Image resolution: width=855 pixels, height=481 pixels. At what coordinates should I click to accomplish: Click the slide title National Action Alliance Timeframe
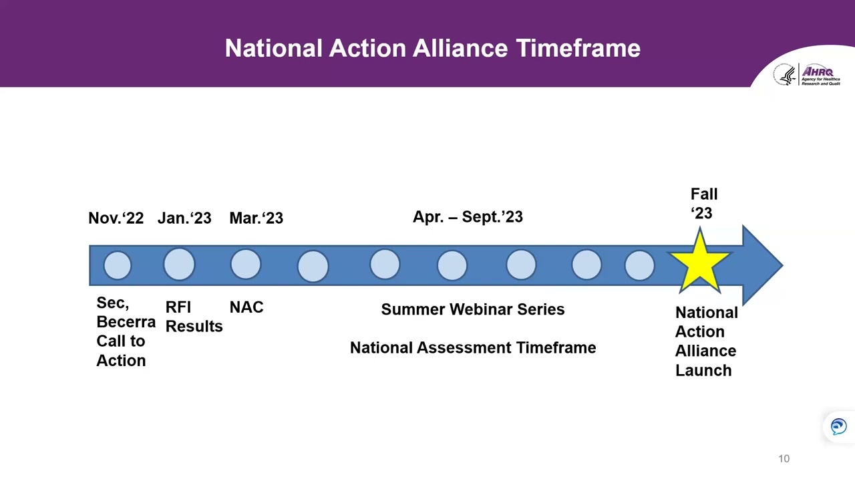pos(432,48)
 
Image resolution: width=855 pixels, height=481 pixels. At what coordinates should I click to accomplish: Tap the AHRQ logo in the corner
pos(807,75)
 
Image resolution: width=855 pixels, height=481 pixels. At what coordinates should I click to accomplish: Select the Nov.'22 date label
pos(116,218)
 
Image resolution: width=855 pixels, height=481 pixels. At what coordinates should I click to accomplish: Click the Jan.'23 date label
pos(184,218)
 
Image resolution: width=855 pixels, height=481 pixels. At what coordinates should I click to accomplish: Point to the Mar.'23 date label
pos(256,218)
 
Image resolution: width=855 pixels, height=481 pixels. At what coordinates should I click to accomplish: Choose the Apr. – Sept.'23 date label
pos(468,217)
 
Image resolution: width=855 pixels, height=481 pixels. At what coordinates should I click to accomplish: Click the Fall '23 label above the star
pos(703,204)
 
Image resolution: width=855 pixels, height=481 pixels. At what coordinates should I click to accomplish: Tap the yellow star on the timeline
pos(699,263)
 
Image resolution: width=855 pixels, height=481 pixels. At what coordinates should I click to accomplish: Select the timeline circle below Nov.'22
pos(118,265)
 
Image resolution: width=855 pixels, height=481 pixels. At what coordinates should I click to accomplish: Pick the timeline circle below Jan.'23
pos(179,265)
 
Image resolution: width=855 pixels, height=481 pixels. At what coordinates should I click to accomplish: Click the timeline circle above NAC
pos(246,265)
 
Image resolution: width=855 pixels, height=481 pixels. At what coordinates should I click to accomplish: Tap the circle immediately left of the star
pos(639,265)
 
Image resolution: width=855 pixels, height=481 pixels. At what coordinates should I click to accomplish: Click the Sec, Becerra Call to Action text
pos(124,331)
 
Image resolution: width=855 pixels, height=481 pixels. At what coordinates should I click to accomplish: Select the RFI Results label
pos(193,317)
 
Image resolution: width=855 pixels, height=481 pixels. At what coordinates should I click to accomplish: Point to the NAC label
pos(246,307)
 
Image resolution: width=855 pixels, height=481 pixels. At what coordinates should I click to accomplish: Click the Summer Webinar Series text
pos(472,309)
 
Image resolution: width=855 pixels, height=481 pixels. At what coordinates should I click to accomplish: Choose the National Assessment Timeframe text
pos(472,348)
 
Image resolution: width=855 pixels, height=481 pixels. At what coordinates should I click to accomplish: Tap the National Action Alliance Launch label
pos(705,341)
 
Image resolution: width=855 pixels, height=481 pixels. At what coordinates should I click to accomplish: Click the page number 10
pos(784,459)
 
